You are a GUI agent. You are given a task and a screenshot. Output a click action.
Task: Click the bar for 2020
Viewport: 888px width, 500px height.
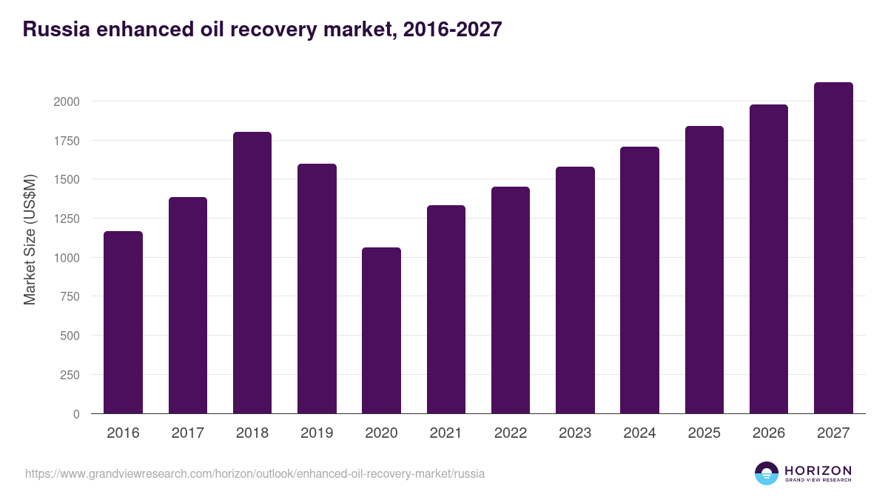[381, 330]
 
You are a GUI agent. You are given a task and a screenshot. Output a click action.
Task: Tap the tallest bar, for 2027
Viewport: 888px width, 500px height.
[833, 248]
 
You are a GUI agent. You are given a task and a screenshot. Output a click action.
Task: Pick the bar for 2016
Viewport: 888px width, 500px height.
[123, 322]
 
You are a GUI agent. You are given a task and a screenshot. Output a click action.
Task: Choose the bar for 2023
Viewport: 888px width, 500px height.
[575, 290]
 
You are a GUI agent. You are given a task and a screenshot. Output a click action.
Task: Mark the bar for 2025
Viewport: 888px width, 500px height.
[704, 270]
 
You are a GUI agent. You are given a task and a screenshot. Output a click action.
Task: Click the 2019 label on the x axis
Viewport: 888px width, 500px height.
[317, 433]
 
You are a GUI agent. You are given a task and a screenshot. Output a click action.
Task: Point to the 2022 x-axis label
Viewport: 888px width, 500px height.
[511, 433]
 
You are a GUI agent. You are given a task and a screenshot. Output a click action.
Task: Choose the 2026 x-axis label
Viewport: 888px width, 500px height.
[769, 433]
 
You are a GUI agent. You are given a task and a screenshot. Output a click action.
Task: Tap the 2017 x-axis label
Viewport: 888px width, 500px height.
[187, 433]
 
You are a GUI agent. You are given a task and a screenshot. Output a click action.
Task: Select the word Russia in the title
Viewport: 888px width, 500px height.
[56, 30]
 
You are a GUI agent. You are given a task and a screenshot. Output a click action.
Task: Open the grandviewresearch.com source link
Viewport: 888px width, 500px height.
[255, 473]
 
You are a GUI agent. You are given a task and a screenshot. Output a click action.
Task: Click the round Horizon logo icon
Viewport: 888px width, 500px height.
[767, 473]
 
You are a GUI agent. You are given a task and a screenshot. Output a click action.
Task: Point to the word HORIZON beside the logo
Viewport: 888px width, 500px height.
[818, 470]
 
